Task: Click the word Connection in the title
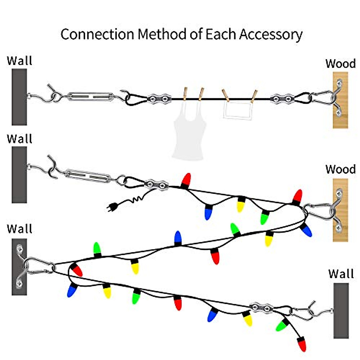pos(97,34)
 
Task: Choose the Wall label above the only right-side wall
pos(341,274)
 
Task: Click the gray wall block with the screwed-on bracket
pos(19,267)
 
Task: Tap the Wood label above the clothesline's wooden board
pos(340,64)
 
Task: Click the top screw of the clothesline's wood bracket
pos(340,82)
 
